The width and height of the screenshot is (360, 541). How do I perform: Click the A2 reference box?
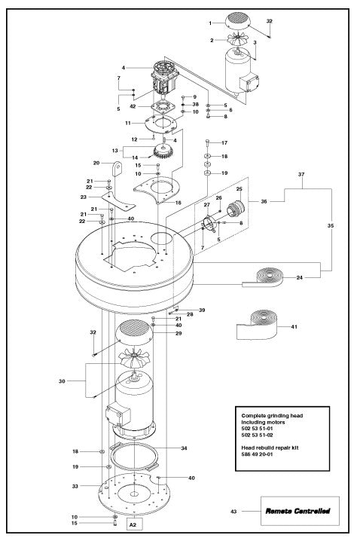133,523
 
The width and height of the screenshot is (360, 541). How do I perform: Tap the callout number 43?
233,512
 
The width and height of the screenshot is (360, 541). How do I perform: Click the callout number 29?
178,333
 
